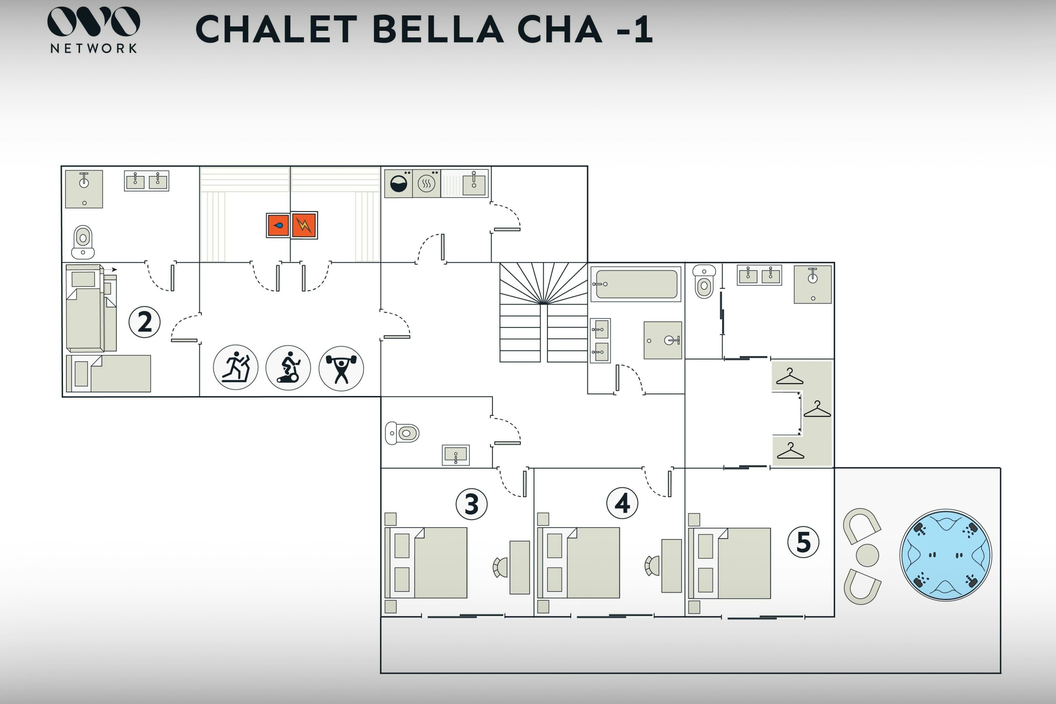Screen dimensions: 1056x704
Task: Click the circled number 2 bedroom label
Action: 145,322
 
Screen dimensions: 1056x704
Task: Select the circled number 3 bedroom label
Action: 471,504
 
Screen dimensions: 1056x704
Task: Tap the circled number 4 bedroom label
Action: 622,503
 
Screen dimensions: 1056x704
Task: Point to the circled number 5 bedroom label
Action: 803,542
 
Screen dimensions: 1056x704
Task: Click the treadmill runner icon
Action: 236,367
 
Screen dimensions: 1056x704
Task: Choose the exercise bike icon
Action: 288,368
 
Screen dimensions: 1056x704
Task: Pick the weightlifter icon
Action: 341,368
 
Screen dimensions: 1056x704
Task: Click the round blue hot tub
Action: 946,555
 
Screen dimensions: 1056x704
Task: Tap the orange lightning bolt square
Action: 304,225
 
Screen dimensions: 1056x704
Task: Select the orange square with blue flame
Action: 279,225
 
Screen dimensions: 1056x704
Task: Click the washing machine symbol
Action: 399,183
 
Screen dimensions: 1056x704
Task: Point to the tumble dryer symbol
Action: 426,183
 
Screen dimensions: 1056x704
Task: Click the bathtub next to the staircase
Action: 636,284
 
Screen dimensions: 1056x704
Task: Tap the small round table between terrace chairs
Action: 867,555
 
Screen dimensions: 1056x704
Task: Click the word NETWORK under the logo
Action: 94,48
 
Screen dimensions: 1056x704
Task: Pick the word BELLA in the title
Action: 438,29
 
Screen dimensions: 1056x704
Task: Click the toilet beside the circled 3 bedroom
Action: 402,433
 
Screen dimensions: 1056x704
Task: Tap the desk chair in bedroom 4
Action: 653,566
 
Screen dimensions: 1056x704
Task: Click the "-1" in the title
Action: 634,29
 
